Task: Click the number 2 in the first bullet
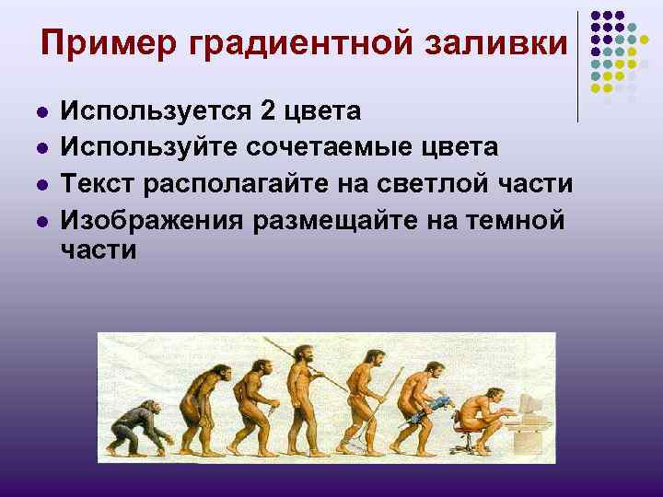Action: click(x=268, y=112)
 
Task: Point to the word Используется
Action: click(x=157, y=113)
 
